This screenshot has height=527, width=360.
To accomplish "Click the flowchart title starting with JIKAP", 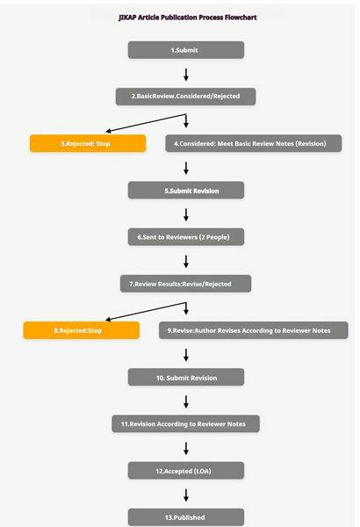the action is (188, 18).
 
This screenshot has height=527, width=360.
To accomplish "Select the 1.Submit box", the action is (186, 50).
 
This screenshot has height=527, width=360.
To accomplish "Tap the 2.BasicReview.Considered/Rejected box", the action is (185, 97).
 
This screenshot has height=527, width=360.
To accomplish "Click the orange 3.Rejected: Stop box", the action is (88, 143).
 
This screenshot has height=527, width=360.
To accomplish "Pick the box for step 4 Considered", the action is (254, 143).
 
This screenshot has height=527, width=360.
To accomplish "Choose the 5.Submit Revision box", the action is (186, 191).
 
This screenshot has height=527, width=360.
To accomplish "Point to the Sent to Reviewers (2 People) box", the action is (186, 237).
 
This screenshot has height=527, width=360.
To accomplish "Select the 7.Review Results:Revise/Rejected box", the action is (185, 284).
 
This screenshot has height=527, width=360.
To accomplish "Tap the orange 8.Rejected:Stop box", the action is (82, 330).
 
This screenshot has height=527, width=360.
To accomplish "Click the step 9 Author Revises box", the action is (254, 330).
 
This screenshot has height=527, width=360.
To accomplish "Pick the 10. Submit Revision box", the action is (186, 377).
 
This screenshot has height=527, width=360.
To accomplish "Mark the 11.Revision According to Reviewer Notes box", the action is (185, 424).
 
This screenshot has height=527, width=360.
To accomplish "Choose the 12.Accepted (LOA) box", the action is (186, 471).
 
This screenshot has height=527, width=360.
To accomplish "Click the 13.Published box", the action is (186, 517).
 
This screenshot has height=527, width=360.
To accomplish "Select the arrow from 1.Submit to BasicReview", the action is (186, 75).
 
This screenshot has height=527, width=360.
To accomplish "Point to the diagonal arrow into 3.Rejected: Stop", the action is (146, 123).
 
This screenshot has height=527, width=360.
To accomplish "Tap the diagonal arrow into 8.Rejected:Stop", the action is (146, 311).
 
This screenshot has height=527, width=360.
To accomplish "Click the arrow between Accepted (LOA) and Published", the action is (186, 495).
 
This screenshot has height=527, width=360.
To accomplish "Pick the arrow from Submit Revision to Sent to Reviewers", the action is (186, 215).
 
